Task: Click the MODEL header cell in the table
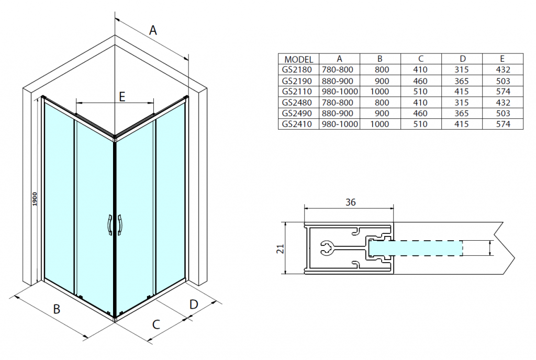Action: (x=298, y=60)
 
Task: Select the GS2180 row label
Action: (x=297, y=70)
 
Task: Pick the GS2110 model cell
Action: (x=297, y=92)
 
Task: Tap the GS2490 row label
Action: (x=297, y=114)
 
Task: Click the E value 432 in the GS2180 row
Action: (x=503, y=70)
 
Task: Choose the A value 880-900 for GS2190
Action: (x=338, y=81)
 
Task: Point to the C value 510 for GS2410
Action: (x=420, y=124)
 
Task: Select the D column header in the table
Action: (x=462, y=59)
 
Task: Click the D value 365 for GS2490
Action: (x=462, y=114)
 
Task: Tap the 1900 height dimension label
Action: (x=35, y=199)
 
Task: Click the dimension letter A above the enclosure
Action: (x=153, y=30)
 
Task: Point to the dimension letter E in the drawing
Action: (x=122, y=97)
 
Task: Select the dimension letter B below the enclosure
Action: (x=57, y=309)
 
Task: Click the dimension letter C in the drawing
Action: (x=156, y=324)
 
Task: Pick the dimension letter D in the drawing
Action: (x=194, y=304)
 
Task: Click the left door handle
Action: (x=109, y=225)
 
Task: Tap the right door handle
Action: (x=120, y=225)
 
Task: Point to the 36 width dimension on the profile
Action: (x=350, y=202)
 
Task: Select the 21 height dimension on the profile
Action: (x=281, y=249)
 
